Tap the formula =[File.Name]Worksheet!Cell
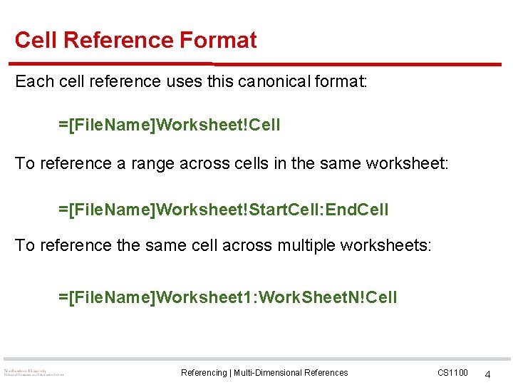click(170, 125)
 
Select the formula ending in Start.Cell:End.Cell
click(224, 210)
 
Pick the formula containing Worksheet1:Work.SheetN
click(228, 297)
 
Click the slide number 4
click(488, 374)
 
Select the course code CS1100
click(452, 373)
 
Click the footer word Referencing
click(203, 373)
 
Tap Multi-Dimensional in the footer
click(271, 373)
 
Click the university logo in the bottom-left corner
click(33, 372)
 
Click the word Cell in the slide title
click(36, 40)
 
